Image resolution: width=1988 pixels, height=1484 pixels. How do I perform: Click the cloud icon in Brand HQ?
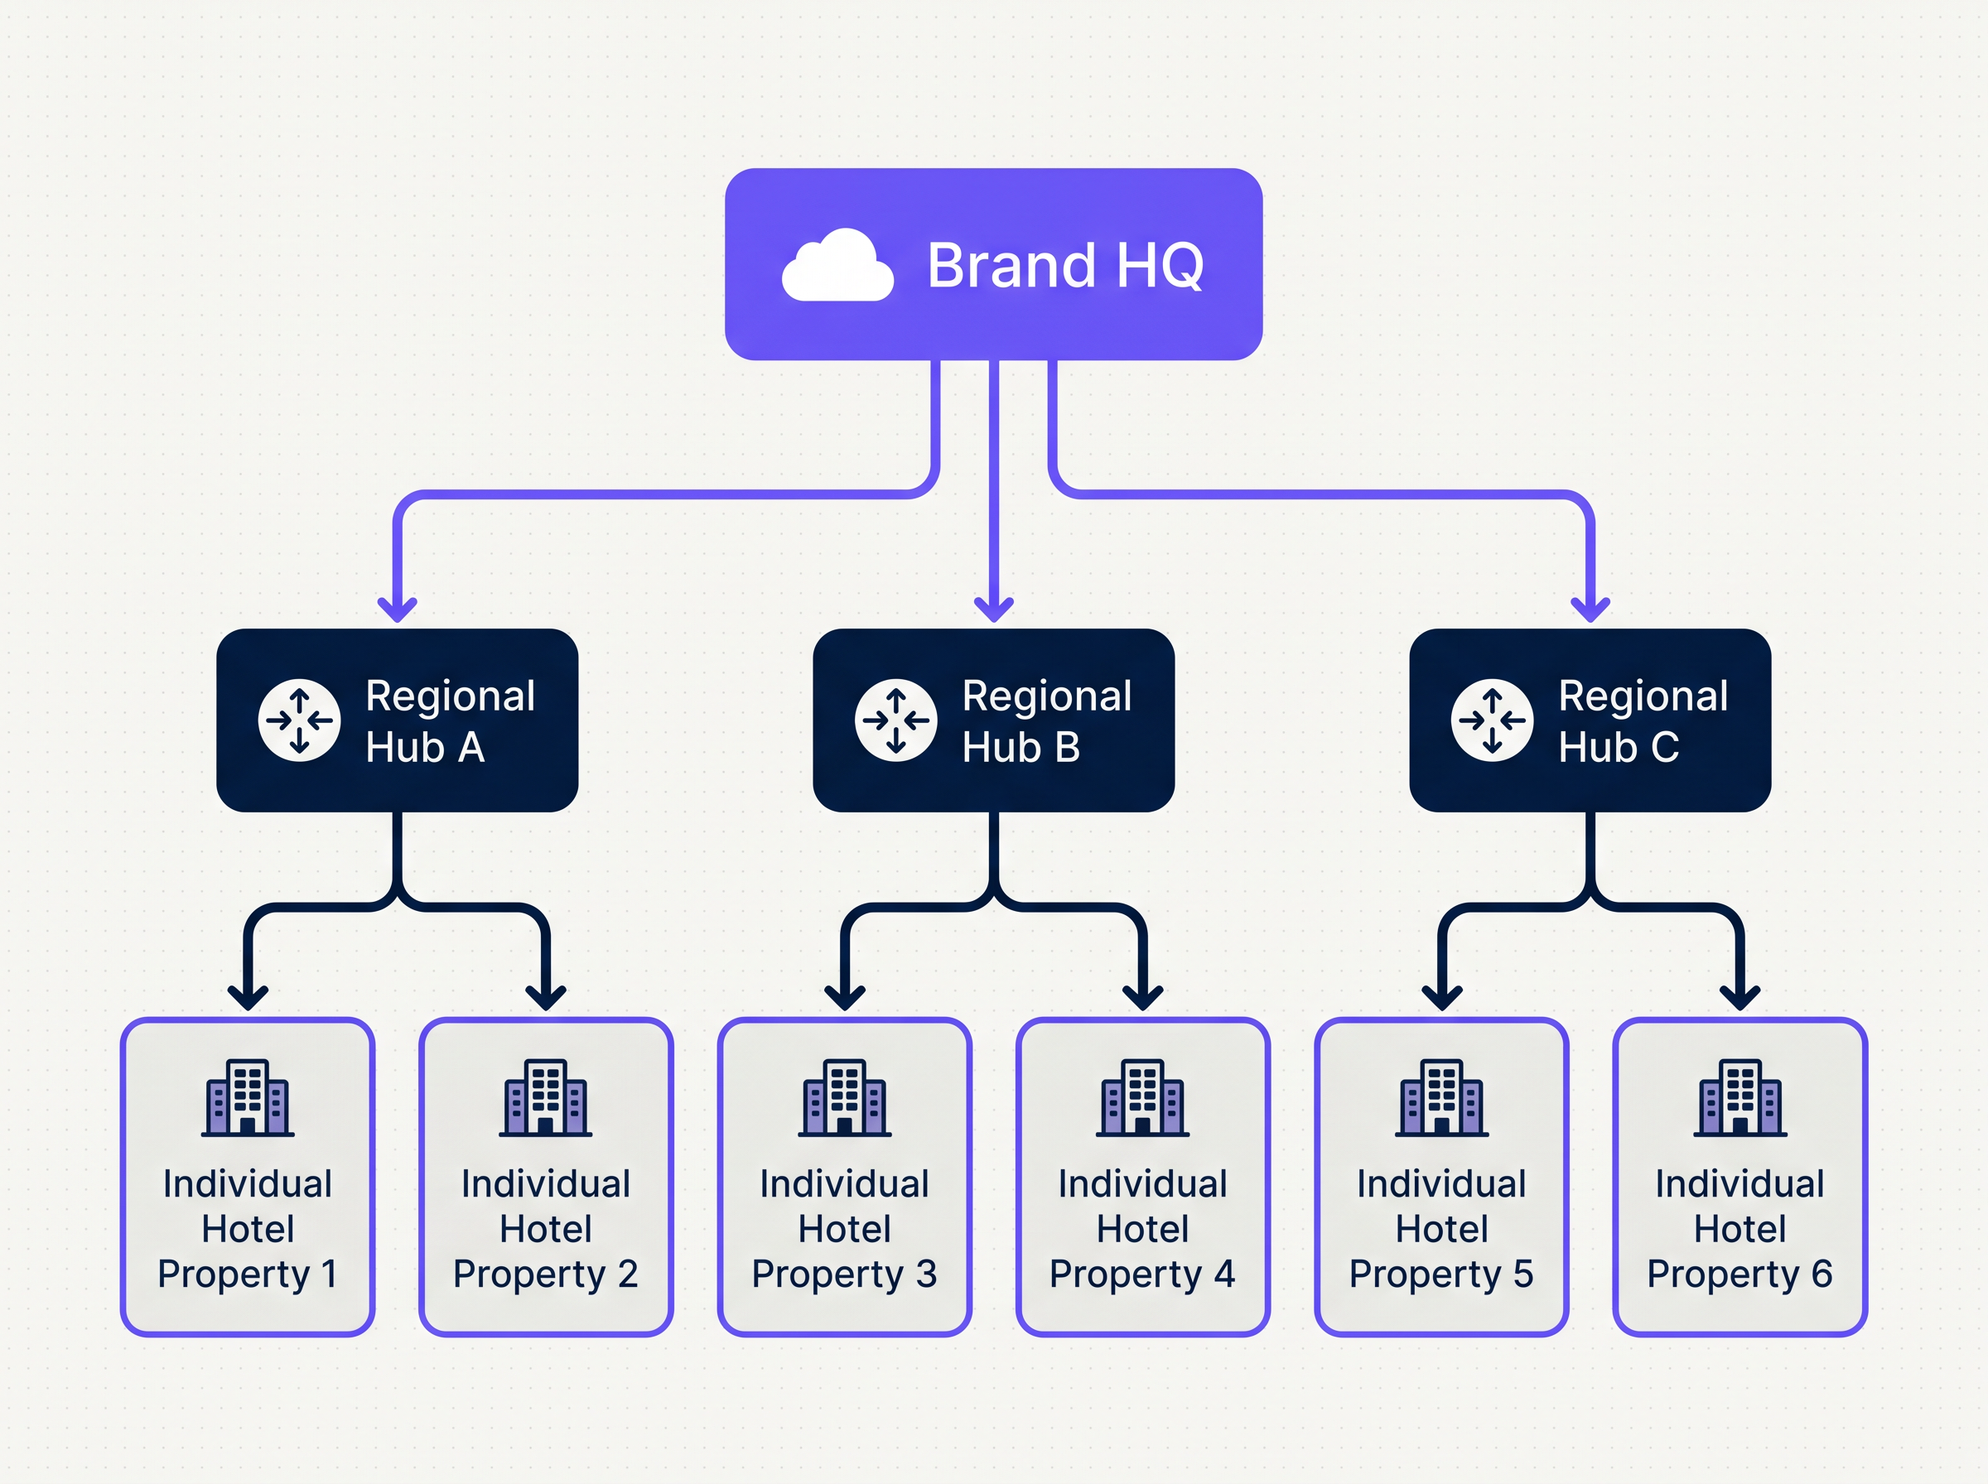(837, 266)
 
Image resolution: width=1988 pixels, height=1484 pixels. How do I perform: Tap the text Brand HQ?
(1064, 266)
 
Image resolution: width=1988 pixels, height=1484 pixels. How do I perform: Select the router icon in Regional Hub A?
(299, 720)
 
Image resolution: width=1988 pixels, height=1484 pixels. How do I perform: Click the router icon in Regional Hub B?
(895, 720)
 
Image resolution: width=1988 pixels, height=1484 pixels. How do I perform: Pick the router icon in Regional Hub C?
(1492, 720)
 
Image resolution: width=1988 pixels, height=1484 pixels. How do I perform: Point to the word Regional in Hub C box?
(1643, 696)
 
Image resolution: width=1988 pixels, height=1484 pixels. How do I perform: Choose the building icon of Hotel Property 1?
(248, 1098)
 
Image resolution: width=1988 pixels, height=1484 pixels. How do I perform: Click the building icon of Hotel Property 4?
(1142, 1098)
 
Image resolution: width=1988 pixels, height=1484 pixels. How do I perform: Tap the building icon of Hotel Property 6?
(1740, 1098)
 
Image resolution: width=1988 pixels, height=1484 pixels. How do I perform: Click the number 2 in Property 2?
(627, 1274)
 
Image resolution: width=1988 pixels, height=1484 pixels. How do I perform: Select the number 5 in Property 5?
(1522, 1274)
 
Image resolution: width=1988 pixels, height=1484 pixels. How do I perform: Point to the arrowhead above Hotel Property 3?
(844, 997)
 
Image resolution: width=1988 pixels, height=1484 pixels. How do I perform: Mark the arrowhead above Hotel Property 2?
(546, 997)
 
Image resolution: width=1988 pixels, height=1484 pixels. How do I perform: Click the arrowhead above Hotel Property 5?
(1442, 997)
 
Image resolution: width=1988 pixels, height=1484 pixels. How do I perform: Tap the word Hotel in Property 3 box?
(844, 1229)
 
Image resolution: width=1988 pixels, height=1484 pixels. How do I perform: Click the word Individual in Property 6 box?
(1740, 1184)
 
